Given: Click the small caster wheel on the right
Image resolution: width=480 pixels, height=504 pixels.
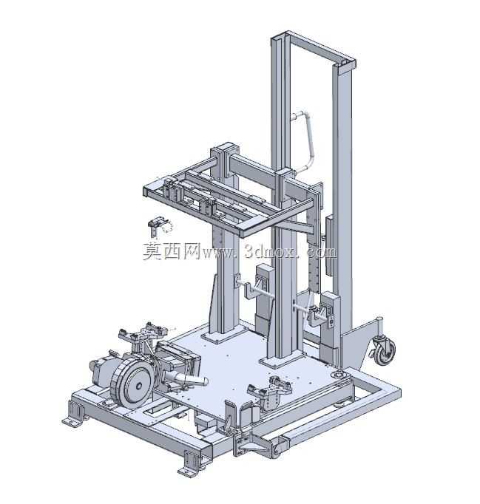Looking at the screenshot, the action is click(x=385, y=352).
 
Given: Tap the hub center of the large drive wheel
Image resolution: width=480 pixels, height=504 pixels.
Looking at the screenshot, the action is click(x=138, y=386).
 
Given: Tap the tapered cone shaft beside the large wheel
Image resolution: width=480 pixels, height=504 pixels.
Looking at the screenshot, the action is click(x=186, y=380).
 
